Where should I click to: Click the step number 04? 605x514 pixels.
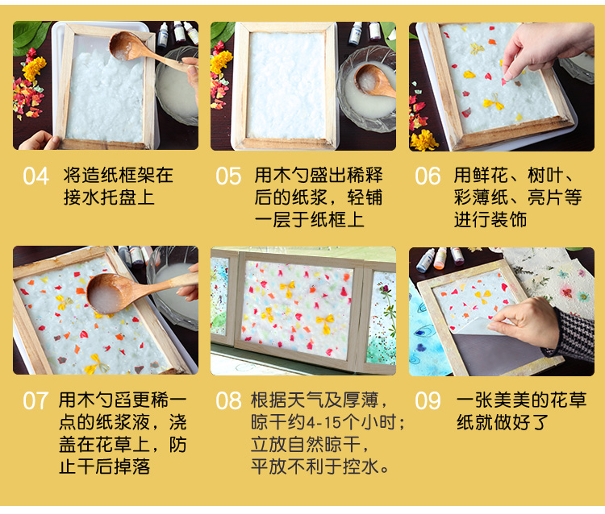(35, 176)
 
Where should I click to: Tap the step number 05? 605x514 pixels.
(228, 176)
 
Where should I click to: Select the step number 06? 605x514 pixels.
(428, 176)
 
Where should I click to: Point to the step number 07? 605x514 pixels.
(35, 400)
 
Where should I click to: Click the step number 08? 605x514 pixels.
(228, 400)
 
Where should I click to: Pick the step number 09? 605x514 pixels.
(428, 400)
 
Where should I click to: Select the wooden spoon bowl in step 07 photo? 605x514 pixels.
(109, 293)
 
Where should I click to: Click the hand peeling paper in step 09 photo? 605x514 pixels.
(524, 322)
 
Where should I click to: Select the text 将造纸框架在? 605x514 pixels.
(118, 176)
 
